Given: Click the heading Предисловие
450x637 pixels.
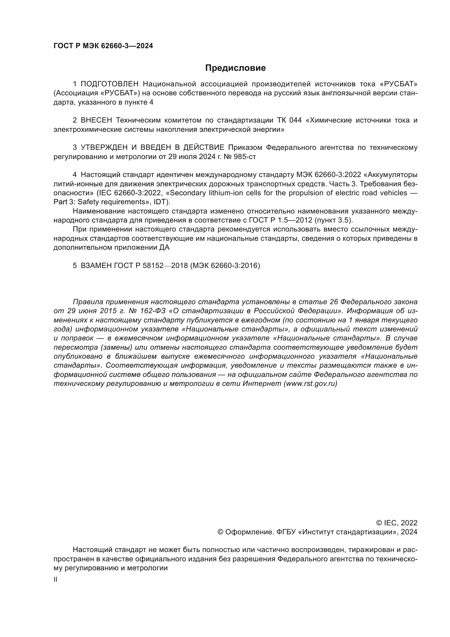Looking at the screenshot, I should [235, 68].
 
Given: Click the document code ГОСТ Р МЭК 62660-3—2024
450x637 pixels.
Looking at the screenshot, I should [103, 46].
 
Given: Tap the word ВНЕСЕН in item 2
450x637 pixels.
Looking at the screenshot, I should [96, 120].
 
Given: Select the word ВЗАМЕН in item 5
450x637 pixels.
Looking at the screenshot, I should [96, 266].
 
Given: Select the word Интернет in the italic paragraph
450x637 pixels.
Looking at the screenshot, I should [261, 383].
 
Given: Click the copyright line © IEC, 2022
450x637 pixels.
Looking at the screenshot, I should [396, 523].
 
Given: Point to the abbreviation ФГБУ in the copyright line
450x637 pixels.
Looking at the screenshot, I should [285, 532].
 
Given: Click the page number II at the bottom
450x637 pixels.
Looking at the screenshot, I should [56, 580].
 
